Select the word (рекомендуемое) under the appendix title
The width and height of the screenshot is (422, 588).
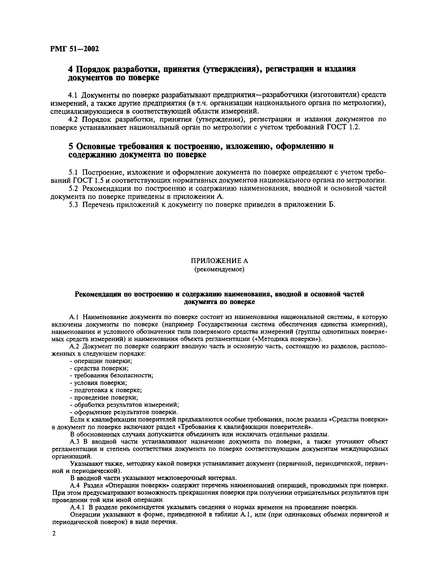click(219, 269)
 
